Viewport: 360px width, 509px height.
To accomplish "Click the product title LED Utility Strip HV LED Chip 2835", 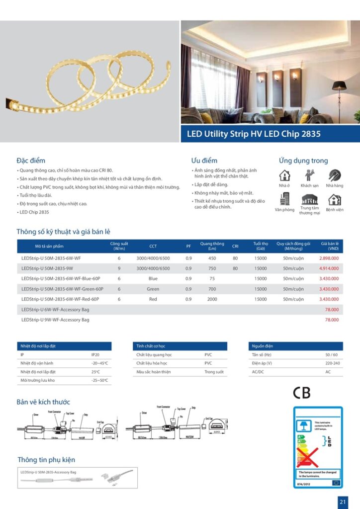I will pos(254,134).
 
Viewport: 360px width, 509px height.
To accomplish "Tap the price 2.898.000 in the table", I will pos(329,258).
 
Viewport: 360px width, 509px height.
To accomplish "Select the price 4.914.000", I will pos(329,268).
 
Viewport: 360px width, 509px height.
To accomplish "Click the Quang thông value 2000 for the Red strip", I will pos(212,299).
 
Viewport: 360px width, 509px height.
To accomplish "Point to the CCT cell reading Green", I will pos(153,289).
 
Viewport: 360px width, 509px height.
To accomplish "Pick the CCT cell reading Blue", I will pos(153,279).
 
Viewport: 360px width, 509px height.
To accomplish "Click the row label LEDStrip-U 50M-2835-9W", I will pos(47,268).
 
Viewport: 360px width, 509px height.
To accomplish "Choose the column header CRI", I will pos(235,246).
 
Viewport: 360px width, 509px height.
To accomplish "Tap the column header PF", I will pos(188,246).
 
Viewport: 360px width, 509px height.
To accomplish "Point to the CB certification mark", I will pos(301,393).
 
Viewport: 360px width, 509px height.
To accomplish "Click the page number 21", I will pos(343,502).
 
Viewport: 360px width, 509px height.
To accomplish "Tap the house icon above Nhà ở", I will pos(284,175).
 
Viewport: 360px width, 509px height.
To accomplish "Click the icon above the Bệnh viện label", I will pos(335,199).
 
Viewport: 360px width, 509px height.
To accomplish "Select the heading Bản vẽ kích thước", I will pos(43,402).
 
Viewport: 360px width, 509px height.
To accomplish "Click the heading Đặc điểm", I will pos(31,161).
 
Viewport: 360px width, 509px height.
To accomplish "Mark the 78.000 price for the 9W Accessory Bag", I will pos(332,320).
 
